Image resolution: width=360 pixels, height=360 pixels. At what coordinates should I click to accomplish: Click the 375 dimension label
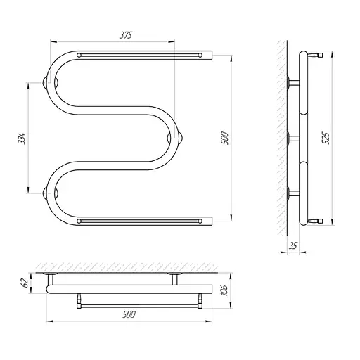coord(126,35)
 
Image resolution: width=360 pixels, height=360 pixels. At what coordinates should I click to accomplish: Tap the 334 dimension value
coord(21,139)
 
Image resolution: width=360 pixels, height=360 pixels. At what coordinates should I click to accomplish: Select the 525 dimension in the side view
coord(326,139)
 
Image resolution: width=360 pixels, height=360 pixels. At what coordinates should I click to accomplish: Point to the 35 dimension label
coord(293,246)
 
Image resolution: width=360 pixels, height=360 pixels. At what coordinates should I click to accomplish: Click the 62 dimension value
coord(25,283)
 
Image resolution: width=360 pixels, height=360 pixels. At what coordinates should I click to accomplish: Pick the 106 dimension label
coord(225,290)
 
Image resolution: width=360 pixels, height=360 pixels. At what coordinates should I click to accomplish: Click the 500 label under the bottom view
coord(129,314)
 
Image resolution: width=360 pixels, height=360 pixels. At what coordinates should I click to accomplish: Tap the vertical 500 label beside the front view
coord(224,139)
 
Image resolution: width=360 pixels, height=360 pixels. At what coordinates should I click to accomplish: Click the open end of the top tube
coord(212,55)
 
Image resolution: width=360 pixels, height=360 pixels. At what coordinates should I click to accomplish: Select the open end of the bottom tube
coord(212,221)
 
